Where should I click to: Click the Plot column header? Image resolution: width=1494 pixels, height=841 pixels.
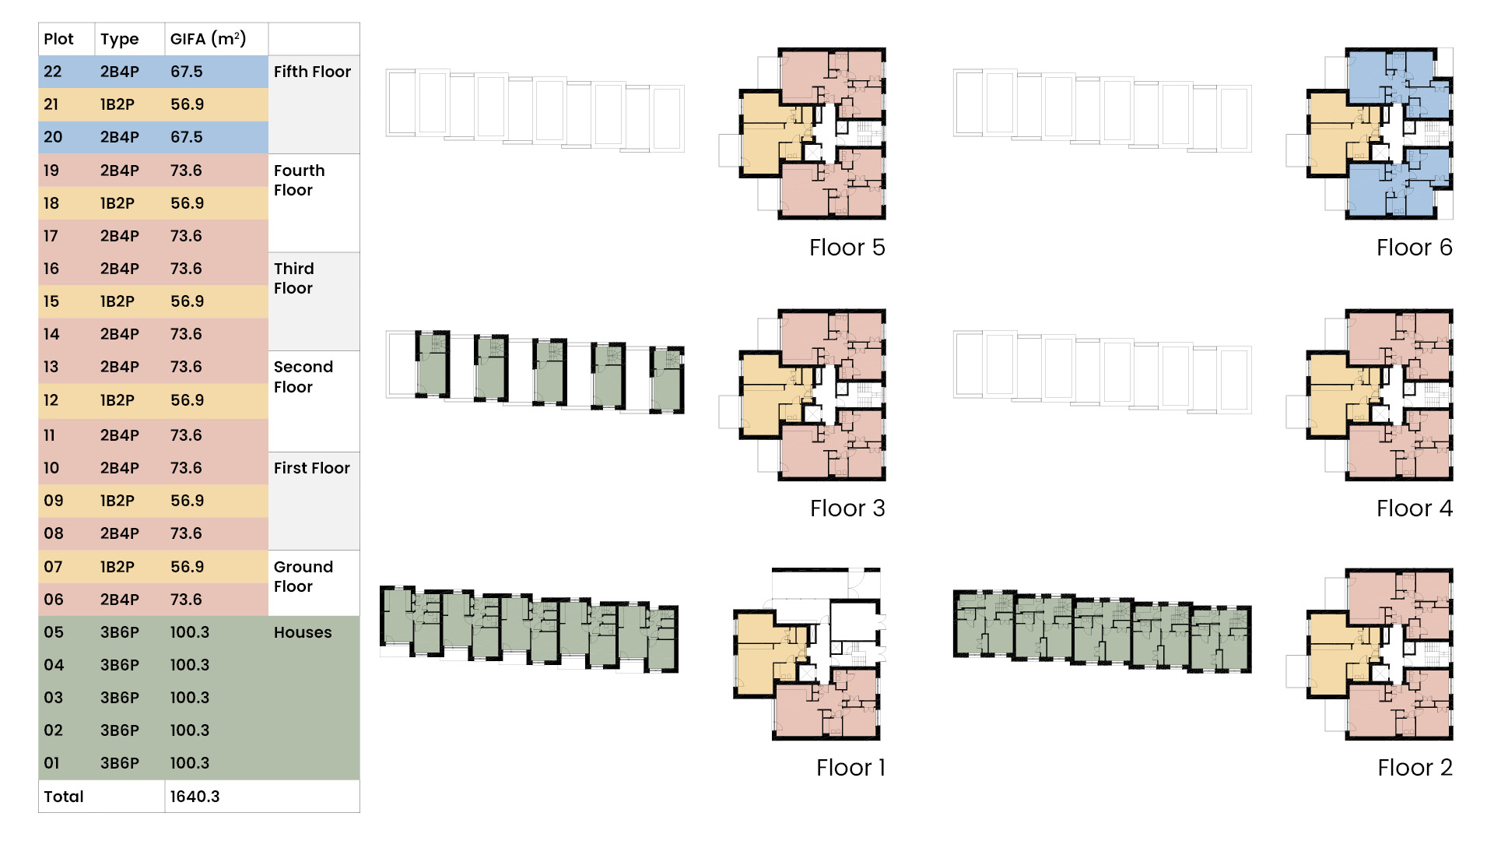[x=58, y=39]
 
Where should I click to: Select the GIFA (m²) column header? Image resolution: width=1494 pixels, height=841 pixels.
[x=208, y=39]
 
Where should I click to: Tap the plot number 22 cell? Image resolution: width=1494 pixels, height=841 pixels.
[x=53, y=72]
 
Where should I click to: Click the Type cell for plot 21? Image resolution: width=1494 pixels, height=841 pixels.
[x=117, y=104]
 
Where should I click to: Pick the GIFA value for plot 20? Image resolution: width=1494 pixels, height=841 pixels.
[x=187, y=137]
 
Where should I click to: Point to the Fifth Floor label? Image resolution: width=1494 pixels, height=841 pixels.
[x=312, y=72]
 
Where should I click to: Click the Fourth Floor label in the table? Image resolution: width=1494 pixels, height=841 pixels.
[x=299, y=180]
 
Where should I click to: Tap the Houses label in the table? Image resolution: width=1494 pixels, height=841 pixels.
[x=303, y=632]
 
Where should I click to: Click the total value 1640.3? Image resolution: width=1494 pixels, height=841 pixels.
[x=195, y=797]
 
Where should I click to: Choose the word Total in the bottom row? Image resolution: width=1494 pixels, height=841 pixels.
[x=64, y=797]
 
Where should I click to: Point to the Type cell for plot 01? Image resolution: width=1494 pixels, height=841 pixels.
[x=119, y=763]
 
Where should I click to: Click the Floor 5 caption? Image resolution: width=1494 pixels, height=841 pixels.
[x=847, y=248]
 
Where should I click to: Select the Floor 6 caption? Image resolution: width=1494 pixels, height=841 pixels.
[x=1414, y=248]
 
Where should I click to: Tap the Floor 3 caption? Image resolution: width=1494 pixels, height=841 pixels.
[x=847, y=508]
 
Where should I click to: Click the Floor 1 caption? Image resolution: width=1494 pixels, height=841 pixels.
[x=850, y=768]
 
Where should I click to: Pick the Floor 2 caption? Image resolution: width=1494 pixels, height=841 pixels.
[x=1415, y=768]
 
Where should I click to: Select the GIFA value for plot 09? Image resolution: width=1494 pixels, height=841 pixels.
[x=187, y=501]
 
